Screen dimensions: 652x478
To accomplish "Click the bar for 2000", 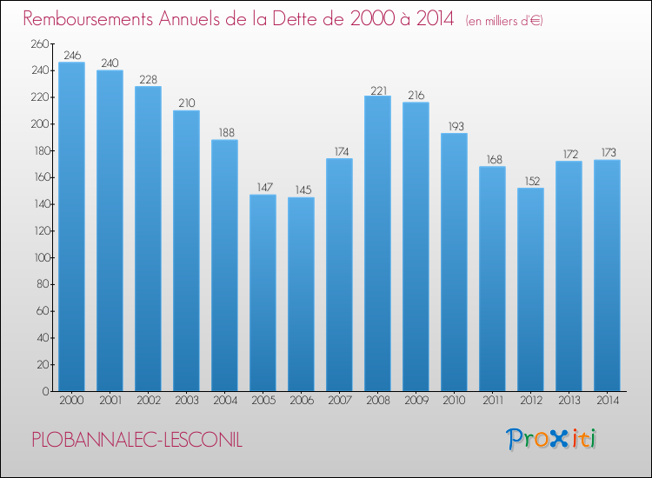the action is coord(71,227).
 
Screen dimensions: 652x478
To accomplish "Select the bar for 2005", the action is coord(263,293).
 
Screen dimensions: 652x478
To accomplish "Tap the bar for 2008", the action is coord(377,243).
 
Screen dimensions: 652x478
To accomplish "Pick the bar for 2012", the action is coord(530,289).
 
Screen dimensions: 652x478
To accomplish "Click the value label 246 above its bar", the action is coord(72,56).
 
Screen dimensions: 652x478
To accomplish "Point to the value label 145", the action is coord(303,190).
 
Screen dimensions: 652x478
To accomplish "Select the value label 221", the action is coord(378,90).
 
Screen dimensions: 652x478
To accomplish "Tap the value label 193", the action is coord(456,126).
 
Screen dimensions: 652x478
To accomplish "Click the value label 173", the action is coord(609,153).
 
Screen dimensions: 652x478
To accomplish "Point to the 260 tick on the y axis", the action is coord(40,43).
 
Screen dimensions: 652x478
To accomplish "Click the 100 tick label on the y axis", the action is coord(42,258).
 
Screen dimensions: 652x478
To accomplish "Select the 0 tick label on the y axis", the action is coord(46,391).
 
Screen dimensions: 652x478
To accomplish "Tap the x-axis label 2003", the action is coord(187,401).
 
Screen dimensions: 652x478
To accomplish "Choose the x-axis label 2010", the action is coord(454,401).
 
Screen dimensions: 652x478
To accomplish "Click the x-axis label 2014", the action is coord(608,401).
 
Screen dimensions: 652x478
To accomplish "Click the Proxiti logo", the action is coord(550,439).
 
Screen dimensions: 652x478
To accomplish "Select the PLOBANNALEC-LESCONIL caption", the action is coord(136,440).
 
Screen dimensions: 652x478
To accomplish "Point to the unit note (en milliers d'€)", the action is coord(504,21).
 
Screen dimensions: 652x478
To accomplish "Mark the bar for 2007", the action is coord(339,275).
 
